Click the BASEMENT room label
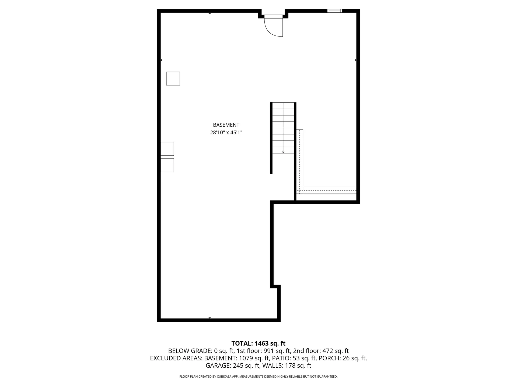[226, 125]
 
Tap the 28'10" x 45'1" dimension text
[226, 132]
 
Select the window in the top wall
[335, 11]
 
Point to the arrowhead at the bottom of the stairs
[283, 152]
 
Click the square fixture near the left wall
[173, 78]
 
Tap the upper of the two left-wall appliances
[167, 149]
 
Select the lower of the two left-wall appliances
[167, 165]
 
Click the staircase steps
[283, 128]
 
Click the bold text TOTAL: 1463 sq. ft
[258, 343]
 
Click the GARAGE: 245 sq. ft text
[233, 365]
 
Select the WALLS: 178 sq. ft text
[287, 365]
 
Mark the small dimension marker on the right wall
[356, 60]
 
